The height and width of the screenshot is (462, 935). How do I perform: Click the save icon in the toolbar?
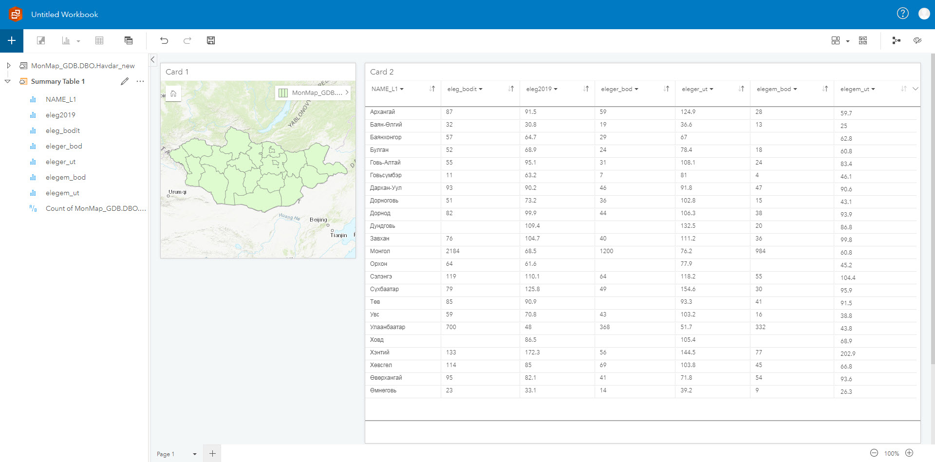(211, 40)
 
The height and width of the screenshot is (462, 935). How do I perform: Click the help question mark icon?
(902, 14)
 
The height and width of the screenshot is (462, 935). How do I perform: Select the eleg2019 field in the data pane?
(60, 115)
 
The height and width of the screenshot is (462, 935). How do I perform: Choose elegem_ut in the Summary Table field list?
(62, 193)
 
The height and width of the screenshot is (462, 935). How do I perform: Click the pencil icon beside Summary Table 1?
(125, 81)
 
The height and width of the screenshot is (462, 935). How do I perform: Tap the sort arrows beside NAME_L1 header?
(432, 89)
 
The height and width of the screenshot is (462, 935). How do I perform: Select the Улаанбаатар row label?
(388, 327)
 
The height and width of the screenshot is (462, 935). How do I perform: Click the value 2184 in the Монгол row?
(452, 251)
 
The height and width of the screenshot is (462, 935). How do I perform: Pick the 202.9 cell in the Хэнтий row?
(848, 354)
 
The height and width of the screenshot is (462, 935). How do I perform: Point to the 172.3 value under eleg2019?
(532, 352)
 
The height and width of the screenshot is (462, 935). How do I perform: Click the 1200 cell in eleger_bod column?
(606, 251)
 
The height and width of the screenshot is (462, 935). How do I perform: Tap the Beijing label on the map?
(318, 220)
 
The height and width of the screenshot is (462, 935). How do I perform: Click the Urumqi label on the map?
(177, 192)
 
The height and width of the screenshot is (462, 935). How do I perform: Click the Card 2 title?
(382, 72)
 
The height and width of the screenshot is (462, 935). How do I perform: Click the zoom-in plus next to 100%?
(909, 453)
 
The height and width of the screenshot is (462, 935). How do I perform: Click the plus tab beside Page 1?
(212, 454)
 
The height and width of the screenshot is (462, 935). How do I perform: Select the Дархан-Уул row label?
(386, 188)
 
